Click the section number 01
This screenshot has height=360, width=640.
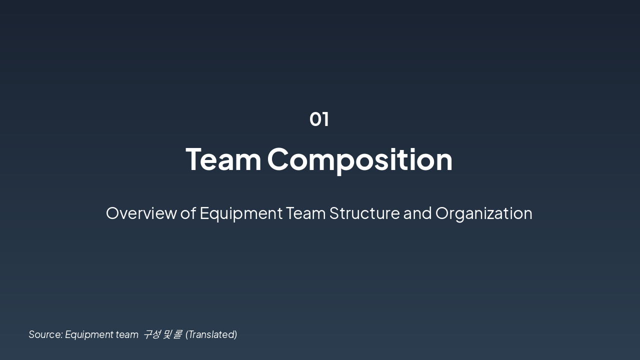(x=319, y=119)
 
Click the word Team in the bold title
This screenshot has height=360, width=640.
(x=223, y=159)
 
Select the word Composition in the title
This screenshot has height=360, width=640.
(x=359, y=159)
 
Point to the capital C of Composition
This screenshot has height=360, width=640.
(x=280, y=159)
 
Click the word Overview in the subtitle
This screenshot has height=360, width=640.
(x=141, y=213)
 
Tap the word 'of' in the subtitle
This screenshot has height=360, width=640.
(x=188, y=213)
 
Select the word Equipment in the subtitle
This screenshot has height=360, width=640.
(x=241, y=213)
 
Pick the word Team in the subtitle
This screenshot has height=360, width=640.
(x=305, y=213)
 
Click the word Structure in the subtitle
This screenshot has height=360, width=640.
(x=364, y=213)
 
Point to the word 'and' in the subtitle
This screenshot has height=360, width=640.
(x=417, y=213)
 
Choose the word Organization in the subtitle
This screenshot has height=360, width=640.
(x=483, y=213)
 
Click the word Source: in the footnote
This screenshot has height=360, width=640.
(x=45, y=334)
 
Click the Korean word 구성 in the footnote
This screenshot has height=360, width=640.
(x=151, y=334)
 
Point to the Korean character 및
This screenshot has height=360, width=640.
(x=167, y=334)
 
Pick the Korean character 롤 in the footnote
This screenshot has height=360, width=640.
(x=177, y=334)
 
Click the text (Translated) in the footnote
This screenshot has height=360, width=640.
(x=211, y=334)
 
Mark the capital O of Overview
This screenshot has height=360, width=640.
(x=113, y=213)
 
